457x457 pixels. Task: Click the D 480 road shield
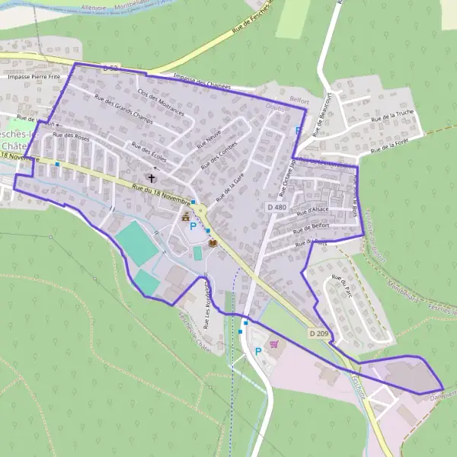click(276, 206)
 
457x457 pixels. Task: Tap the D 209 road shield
click(319, 333)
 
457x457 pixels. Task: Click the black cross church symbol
click(152, 178)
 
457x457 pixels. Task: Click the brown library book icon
click(213, 243)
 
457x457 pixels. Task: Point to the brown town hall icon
click(185, 217)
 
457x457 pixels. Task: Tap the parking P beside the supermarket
click(257, 351)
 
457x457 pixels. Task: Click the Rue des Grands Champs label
click(123, 109)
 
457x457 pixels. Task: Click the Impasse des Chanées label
click(202, 81)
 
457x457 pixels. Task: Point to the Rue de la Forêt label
click(385, 145)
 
